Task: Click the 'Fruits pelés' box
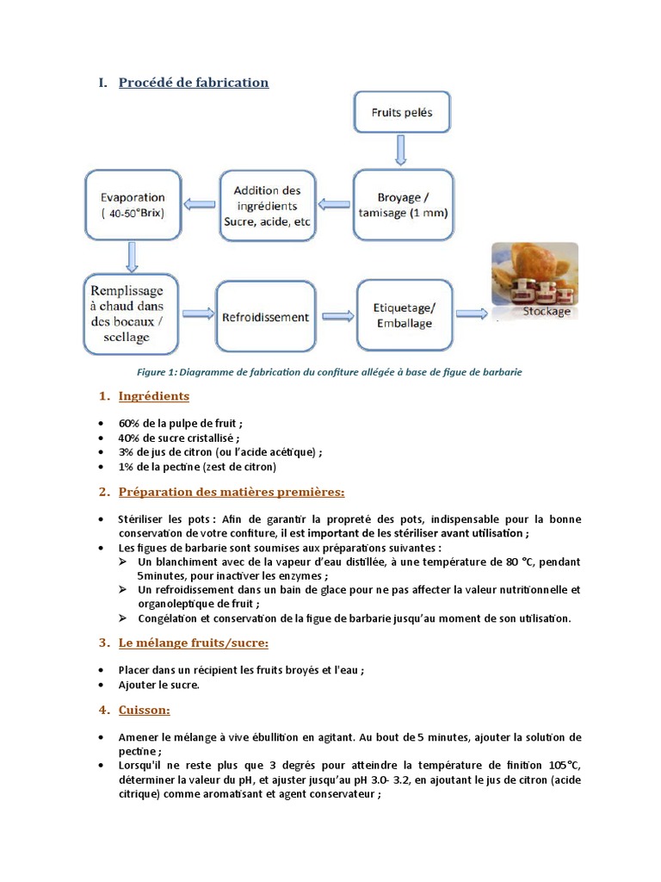pyautogui.click(x=402, y=112)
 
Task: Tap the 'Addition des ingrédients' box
pyautogui.click(x=267, y=204)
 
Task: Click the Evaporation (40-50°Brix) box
pyautogui.click(x=133, y=204)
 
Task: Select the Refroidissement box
pyautogui.click(x=267, y=317)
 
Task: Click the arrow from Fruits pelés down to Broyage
pyautogui.click(x=401, y=149)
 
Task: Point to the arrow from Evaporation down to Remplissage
pyautogui.click(x=133, y=256)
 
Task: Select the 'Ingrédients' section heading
pyautogui.click(x=153, y=396)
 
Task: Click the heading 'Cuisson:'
pyautogui.click(x=144, y=710)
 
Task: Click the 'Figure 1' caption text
pyautogui.click(x=330, y=372)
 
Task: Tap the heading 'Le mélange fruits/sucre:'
pyautogui.click(x=194, y=643)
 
